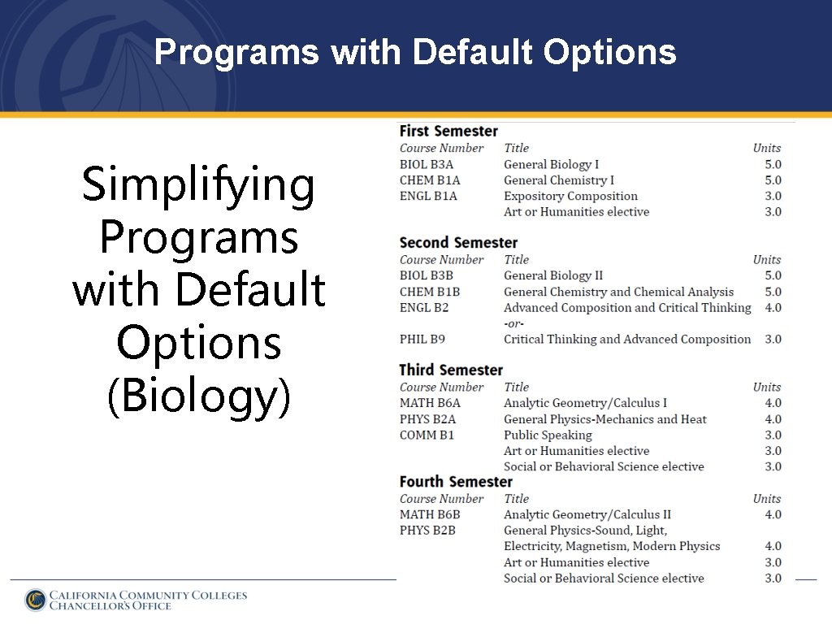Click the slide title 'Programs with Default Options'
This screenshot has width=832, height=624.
coord(415,53)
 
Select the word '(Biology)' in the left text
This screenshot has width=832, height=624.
coord(198,396)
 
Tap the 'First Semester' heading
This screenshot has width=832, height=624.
coord(448,132)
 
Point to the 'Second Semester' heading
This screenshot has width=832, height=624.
coord(458,243)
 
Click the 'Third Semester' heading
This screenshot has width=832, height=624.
coord(451,370)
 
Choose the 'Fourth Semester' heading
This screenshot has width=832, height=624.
coord(456,482)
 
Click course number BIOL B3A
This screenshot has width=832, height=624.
coord(427,165)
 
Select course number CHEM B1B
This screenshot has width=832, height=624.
coord(430,292)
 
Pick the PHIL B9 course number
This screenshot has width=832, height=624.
coord(422,340)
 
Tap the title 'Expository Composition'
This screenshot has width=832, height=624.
coord(570,197)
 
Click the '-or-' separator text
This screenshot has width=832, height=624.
coord(513,323)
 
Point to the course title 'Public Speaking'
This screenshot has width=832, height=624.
coord(548,435)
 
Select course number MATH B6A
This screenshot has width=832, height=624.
coord(430,404)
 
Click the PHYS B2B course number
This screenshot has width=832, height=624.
coord(427,531)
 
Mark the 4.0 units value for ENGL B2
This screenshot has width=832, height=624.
coord(773,308)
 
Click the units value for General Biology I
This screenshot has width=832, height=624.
coord(773,165)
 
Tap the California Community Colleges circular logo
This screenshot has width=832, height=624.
coord(35,600)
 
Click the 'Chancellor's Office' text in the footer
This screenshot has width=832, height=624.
coord(110,606)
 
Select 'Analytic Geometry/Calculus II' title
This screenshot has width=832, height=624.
coord(587,515)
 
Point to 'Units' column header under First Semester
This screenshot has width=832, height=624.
coord(766,149)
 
